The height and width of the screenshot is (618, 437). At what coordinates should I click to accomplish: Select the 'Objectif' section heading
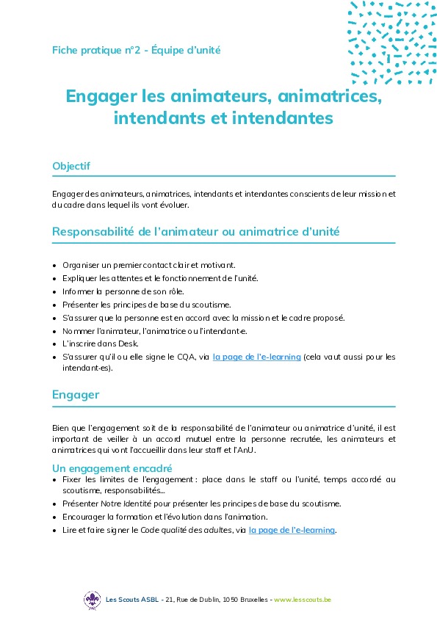pos(71,166)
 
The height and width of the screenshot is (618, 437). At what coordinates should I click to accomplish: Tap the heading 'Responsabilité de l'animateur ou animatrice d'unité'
pos(196,232)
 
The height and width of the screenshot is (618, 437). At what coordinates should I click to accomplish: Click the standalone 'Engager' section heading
pos(76,395)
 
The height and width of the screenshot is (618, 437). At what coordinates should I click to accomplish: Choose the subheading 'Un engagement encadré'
pos(112,468)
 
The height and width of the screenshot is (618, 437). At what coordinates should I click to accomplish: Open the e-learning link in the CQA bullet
pos(256,357)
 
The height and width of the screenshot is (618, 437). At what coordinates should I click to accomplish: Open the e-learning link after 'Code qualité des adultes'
pos(292,529)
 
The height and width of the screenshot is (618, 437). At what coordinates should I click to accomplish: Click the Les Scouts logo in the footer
pos(92,600)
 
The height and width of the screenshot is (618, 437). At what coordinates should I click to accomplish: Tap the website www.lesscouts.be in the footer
pos(302,600)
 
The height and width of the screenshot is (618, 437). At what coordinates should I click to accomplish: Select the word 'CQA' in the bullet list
pos(184,357)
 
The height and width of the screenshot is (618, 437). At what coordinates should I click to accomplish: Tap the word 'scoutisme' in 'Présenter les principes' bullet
pos(210,304)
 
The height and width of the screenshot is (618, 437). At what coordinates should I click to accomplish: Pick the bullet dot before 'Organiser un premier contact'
pos(56,265)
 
